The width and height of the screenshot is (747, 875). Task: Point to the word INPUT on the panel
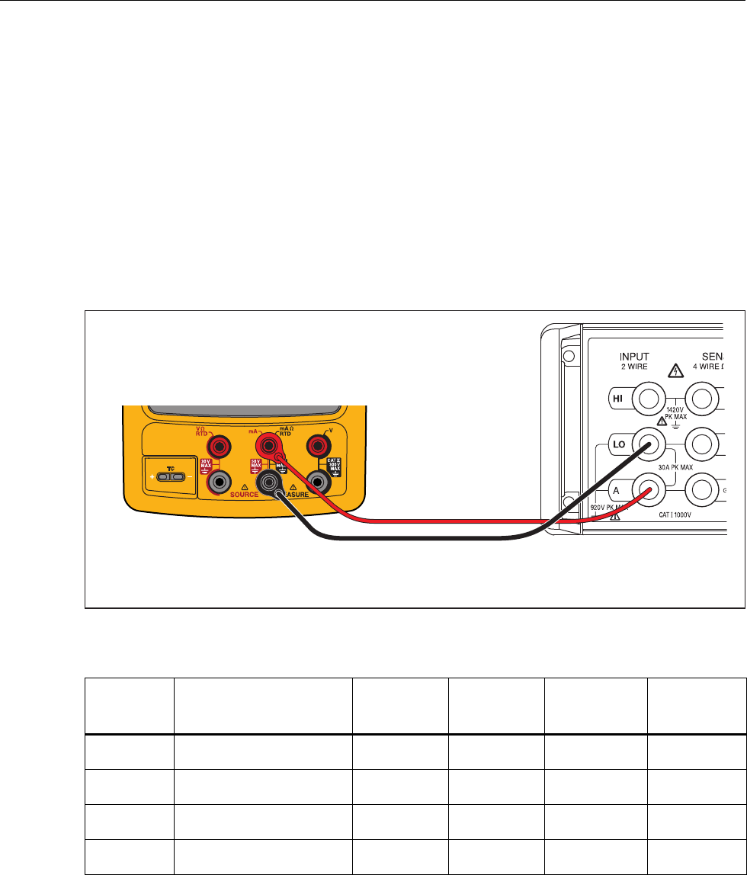click(634, 356)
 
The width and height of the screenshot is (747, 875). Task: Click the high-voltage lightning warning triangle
click(674, 371)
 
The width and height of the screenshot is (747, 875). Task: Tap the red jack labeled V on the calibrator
click(316, 444)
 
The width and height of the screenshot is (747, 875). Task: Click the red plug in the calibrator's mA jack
click(269, 444)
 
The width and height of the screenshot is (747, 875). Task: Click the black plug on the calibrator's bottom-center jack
click(269, 482)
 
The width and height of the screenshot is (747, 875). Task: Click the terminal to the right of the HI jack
click(702, 398)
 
